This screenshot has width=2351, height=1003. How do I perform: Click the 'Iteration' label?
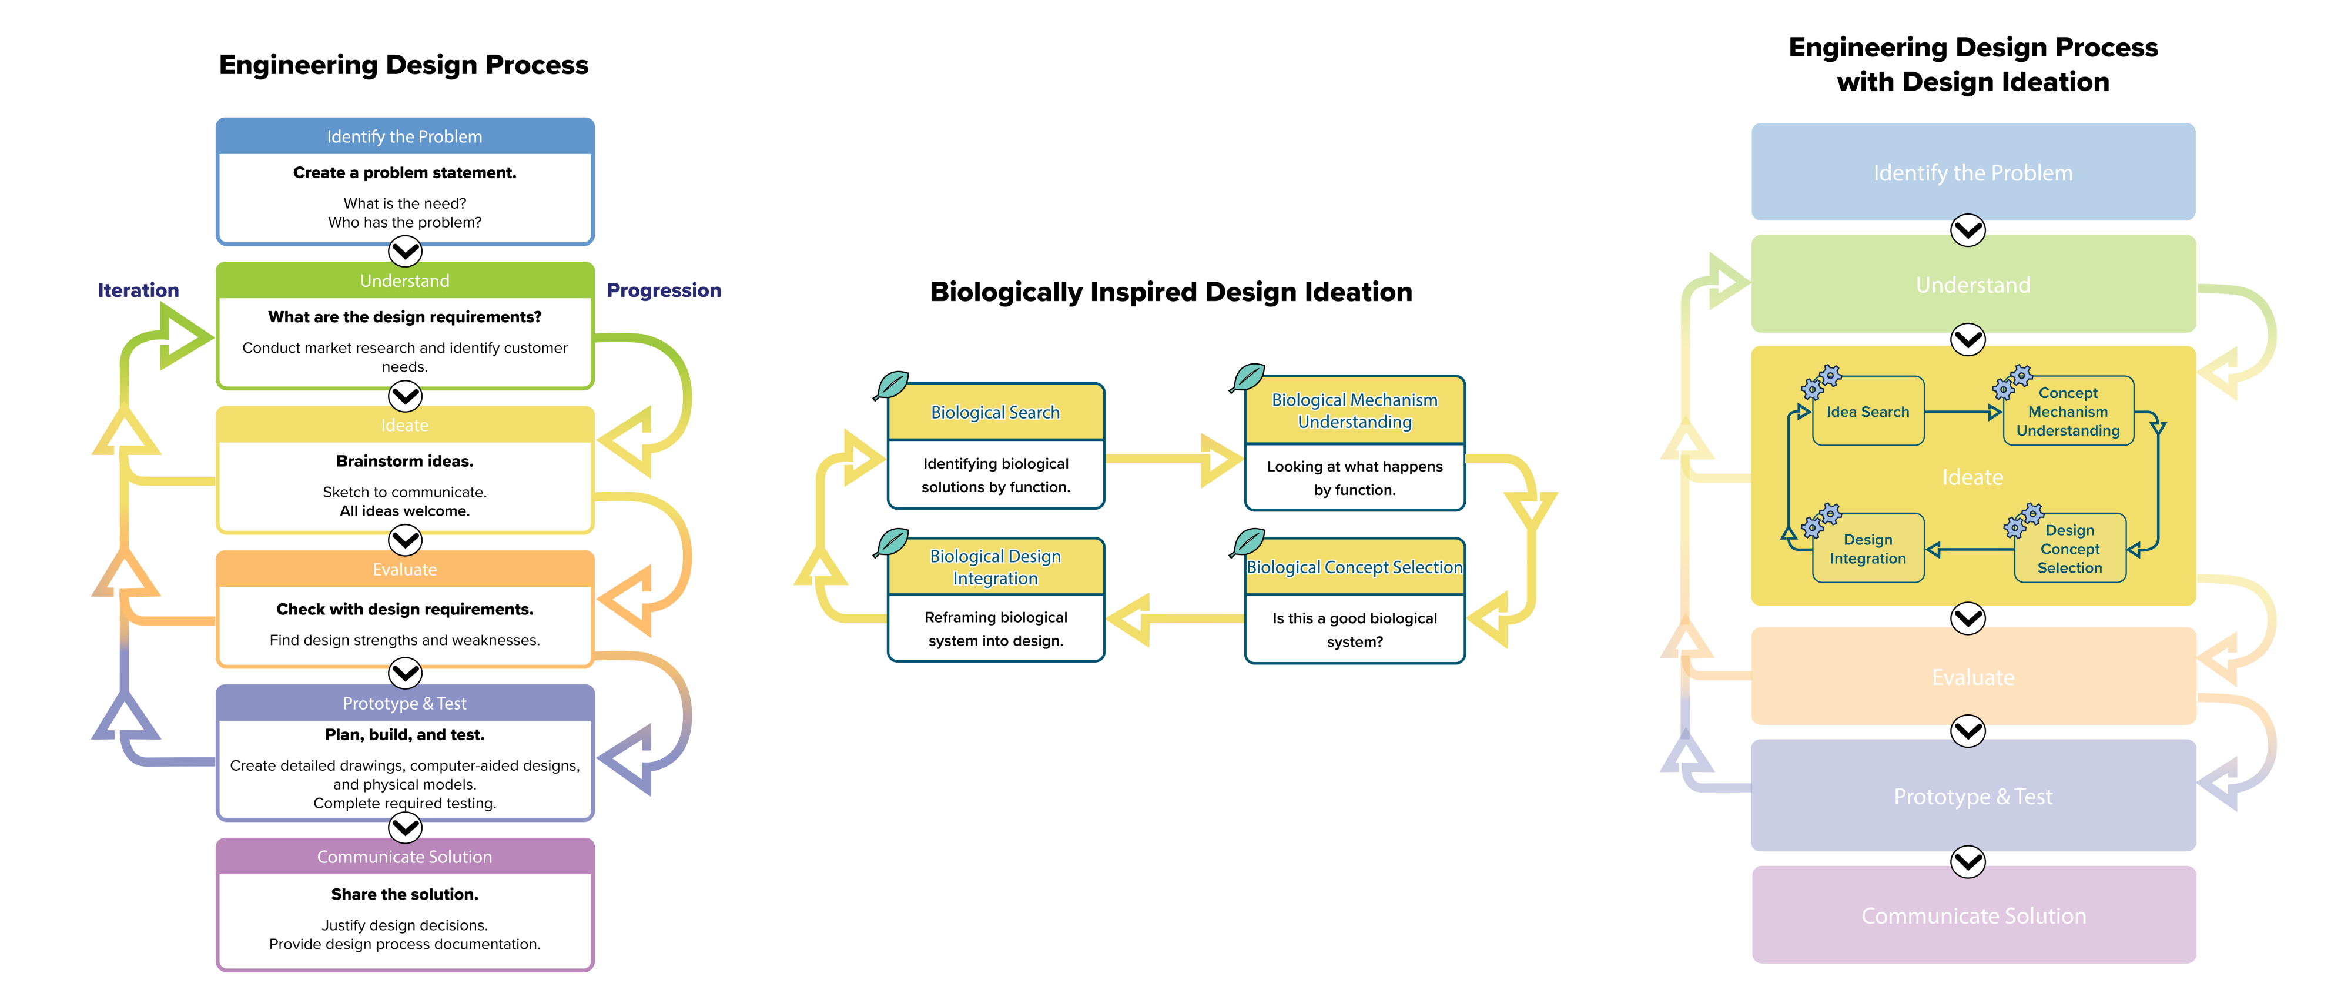(x=138, y=290)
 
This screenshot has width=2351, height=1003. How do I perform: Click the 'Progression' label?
(x=664, y=290)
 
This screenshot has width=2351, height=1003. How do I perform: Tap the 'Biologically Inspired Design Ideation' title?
(x=1171, y=292)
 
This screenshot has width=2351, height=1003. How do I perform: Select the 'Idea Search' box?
(x=1867, y=412)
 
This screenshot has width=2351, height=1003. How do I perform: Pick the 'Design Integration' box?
(x=1867, y=549)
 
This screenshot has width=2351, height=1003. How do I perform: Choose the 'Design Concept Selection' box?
(x=2069, y=549)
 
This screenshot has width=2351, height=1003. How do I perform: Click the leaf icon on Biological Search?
(x=892, y=385)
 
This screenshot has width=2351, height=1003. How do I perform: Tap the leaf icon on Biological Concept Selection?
(x=1248, y=541)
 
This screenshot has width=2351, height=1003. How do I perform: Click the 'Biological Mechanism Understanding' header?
(x=1354, y=411)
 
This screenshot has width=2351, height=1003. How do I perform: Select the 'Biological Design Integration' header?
(x=995, y=567)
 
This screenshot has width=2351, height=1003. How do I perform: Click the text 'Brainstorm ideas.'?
(x=404, y=461)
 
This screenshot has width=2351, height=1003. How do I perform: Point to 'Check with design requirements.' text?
(x=404, y=609)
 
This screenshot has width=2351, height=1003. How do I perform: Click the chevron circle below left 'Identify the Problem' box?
(x=405, y=250)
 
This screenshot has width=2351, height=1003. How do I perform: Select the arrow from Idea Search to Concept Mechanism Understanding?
(x=1962, y=413)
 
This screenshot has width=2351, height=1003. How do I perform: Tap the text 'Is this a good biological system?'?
(x=1354, y=630)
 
